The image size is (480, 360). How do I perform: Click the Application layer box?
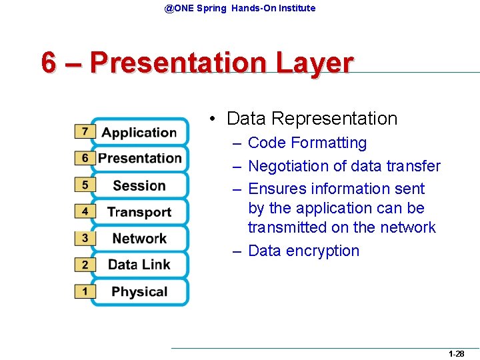point(139,132)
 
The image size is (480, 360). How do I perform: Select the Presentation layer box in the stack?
point(140,159)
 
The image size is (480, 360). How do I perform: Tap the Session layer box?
point(139,185)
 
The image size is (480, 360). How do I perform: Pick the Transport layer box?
point(139,212)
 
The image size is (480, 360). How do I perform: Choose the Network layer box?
point(139,239)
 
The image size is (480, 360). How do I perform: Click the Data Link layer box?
point(139,265)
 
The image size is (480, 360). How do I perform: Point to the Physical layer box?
point(139,291)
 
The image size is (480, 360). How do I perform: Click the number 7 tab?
point(85,132)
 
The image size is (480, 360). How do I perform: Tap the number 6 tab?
point(85,159)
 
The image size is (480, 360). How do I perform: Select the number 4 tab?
point(85,211)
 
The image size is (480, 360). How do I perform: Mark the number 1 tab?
point(85,291)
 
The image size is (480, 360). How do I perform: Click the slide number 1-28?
point(456,354)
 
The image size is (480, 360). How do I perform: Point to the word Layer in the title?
point(313,63)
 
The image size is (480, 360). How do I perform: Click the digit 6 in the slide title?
point(48,63)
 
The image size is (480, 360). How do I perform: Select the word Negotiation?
point(287,166)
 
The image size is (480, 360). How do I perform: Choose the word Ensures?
point(275,189)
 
